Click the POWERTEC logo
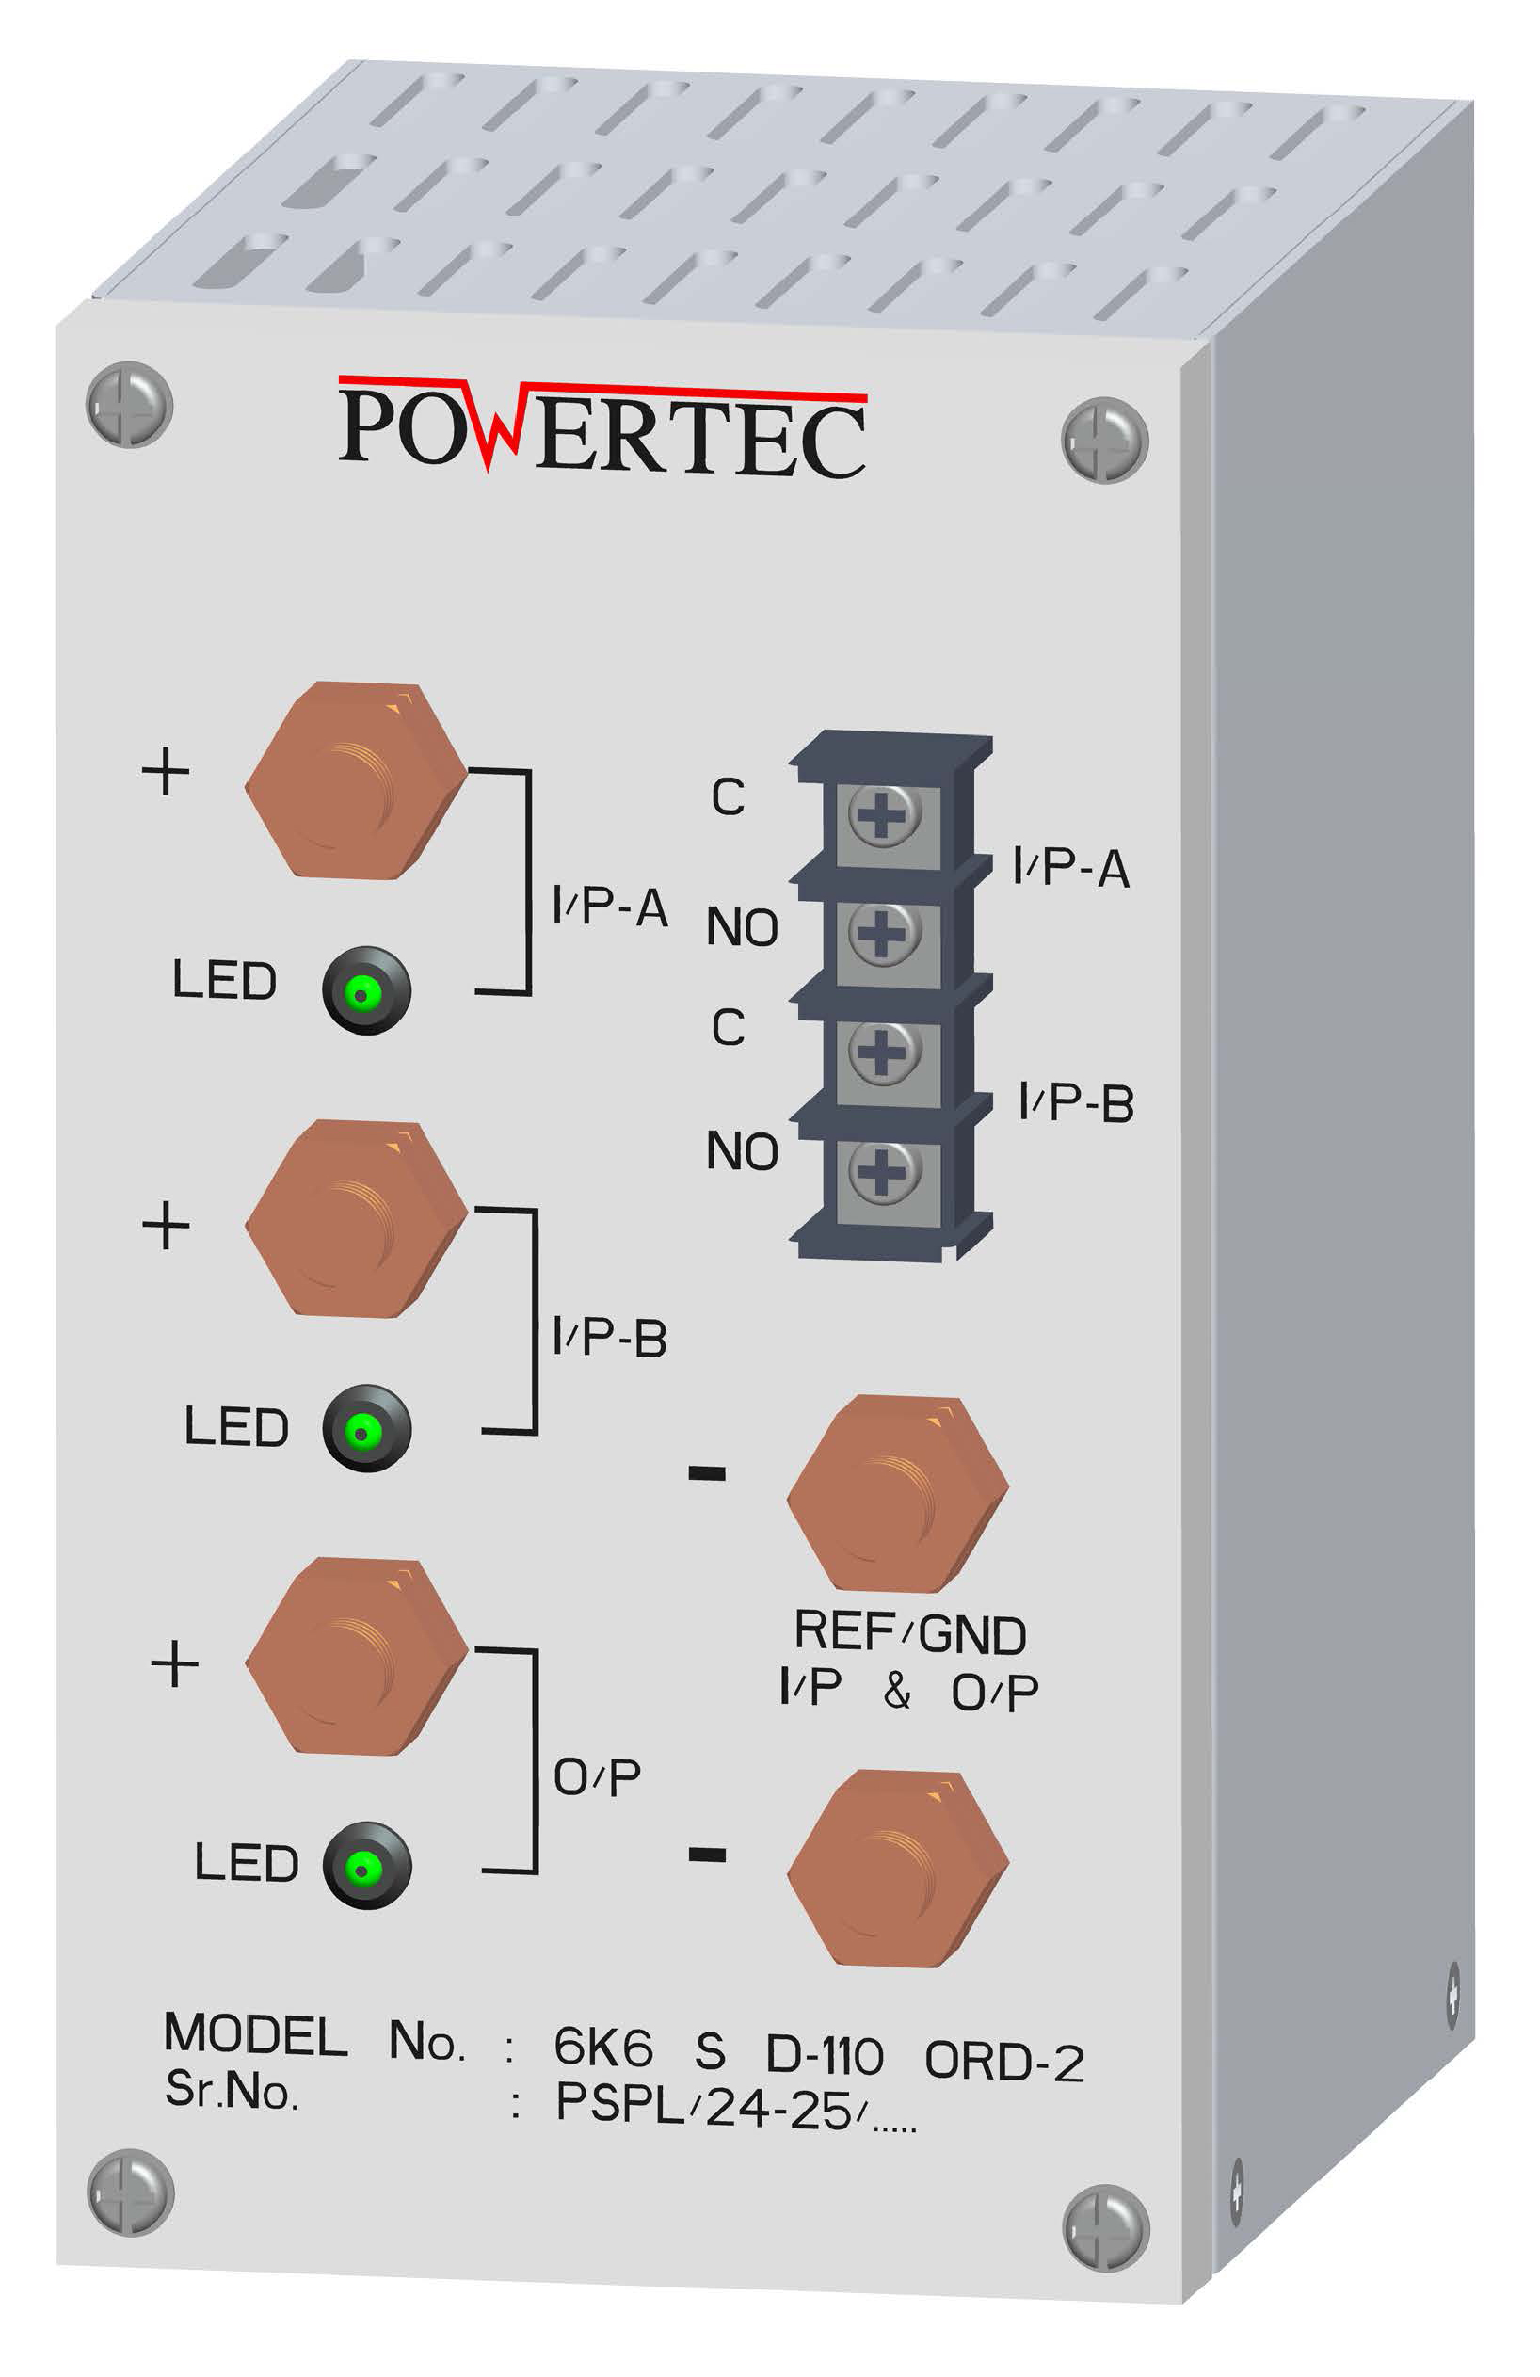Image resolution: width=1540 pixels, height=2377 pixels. pos(602,426)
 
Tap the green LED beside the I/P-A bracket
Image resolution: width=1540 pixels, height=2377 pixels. pos(365,990)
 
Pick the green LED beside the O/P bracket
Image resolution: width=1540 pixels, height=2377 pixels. pos(365,1865)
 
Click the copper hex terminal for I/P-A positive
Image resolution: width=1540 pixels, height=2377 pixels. pos(356,780)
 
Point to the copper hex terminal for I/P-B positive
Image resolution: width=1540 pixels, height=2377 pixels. pos(356,1217)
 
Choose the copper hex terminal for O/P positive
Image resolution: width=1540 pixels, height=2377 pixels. pos(356,1655)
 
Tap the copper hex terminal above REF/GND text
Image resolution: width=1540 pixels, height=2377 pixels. pos(897,1493)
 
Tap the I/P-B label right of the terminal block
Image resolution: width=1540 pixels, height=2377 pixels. pos(1076,1102)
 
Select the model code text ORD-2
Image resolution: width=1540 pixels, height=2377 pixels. pos(1003,2061)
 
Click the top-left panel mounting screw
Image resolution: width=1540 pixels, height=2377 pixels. pos(130,405)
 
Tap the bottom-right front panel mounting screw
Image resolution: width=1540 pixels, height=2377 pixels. pos(1104,2228)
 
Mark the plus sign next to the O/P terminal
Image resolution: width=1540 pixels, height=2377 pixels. pos(175,1664)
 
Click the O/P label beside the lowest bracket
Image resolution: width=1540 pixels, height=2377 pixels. pos(596,1776)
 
